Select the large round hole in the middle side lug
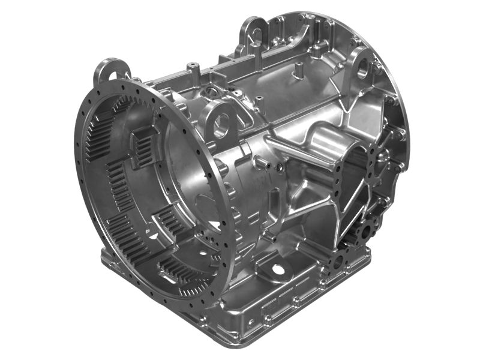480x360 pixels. tap(221, 124)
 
